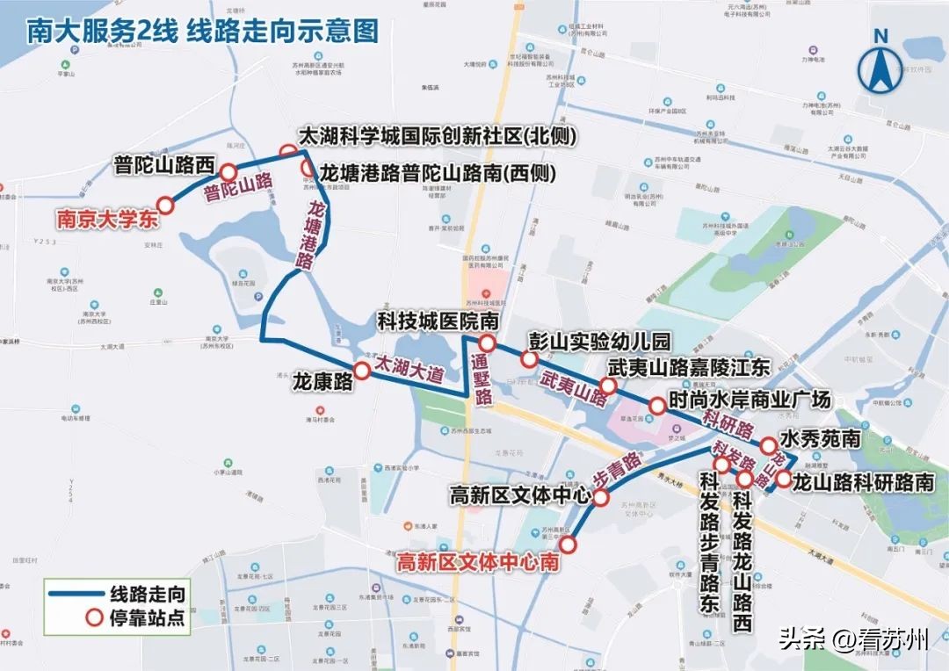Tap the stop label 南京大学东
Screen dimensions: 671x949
107,220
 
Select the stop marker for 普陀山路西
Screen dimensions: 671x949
228,173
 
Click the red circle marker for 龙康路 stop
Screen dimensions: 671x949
361,371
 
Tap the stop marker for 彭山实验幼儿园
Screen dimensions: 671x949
529,359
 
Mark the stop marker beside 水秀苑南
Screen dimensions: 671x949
767,445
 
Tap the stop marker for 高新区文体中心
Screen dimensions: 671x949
602,498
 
